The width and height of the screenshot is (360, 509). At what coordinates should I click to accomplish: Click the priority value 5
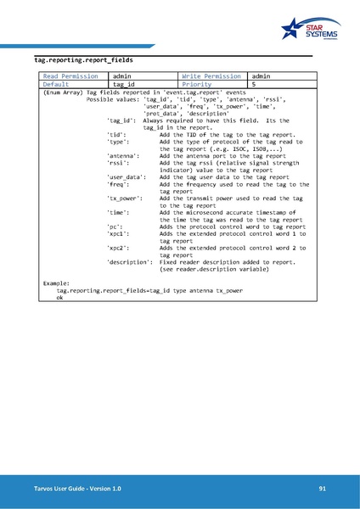tap(254, 85)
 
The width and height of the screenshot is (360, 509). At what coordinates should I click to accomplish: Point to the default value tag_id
tap(124, 85)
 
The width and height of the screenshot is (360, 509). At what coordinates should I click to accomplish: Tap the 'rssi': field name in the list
tap(118, 164)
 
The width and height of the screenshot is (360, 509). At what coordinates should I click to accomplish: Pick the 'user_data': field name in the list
tap(127, 177)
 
